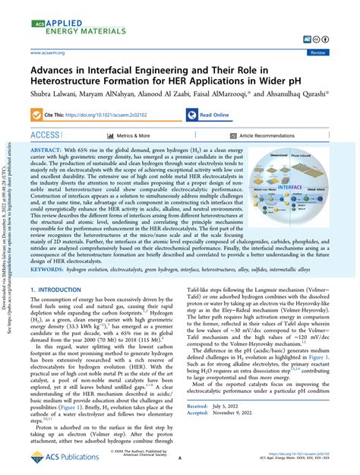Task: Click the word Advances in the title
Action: (x=57, y=69)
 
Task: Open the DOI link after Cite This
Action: (x=115, y=115)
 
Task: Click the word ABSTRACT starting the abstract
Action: (x=48, y=152)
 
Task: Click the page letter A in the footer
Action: (x=179, y=459)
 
